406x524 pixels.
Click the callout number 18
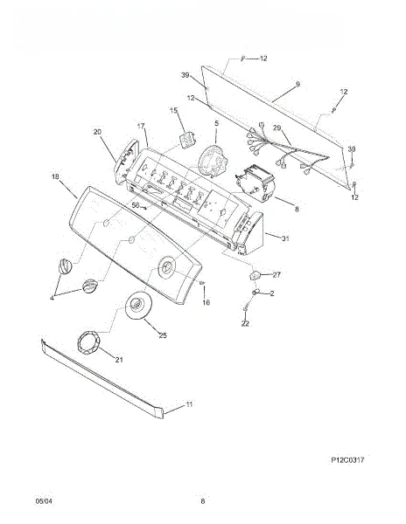pos(55,176)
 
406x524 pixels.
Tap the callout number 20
pos(97,132)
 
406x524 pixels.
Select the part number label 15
pos(174,110)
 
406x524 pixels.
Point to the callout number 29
pos(276,128)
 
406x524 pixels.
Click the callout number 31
pos(285,238)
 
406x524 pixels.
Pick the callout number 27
pos(276,275)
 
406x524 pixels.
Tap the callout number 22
pos(245,323)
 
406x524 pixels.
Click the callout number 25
pos(163,335)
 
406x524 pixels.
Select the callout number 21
pos(119,360)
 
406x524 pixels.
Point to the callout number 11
pos(190,404)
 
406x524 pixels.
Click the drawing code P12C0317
pos(347,460)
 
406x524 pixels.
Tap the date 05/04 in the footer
pos(44,501)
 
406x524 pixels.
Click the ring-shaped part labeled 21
pos(88,342)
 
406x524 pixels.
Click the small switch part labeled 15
pos(187,139)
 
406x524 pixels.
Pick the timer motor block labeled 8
pos(255,183)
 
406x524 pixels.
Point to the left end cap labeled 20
pos(126,161)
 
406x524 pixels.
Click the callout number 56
pos(136,205)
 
